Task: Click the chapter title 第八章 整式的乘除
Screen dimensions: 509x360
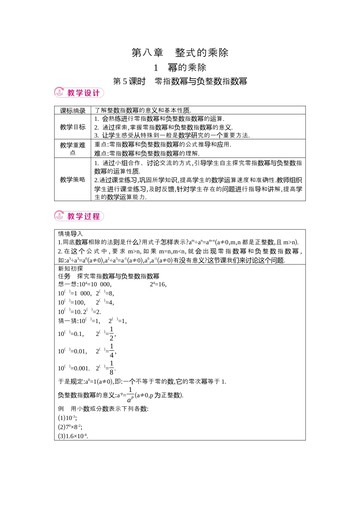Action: pyautogui.click(x=180, y=53)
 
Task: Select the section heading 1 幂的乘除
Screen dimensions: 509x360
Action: pyautogui.click(x=180, y=68)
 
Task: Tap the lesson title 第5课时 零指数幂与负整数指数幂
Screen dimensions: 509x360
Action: pyautogui.click(x=180, y=81)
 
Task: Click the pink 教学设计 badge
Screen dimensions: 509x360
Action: pyautogui.click(x=79, y=93)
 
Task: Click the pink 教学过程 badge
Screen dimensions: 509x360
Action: pyautogui.click(x=79, y=216)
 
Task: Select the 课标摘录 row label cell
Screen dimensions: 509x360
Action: pyautogui.click(x=73, y=111)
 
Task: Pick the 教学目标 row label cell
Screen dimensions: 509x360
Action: pyautogui.click(x=73, y=127)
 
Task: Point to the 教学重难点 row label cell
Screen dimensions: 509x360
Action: pyautogui.click(x=73, y=148)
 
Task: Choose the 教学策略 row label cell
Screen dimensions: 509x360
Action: pyautogui.click(x=73, y=180)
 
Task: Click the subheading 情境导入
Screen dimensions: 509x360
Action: pyautogui.click(x=70, y=234)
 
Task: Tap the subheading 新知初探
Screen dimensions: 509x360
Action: pyautogui.click(x=70, y=269)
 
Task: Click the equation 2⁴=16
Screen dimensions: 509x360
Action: pyautogui.click(x=158, y=284)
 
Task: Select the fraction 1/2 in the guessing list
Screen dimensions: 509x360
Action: pyautogui.click(x=111, y=334)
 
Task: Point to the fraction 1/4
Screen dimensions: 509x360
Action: pyautogui.click(x=111, y=351)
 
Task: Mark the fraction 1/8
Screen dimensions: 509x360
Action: pyautogui.click(x=111, y=368)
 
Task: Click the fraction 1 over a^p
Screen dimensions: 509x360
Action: pyautogui.click(x=130, y=395)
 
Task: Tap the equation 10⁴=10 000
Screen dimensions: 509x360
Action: pyautogui.click(x=95, y=284)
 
